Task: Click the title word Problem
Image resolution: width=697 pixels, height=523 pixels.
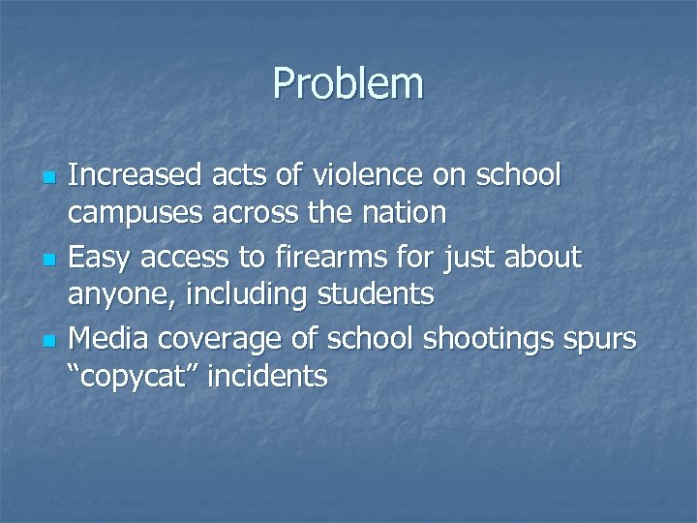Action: (348, 83)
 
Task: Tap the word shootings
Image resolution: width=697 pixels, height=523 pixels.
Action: (475, 337)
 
